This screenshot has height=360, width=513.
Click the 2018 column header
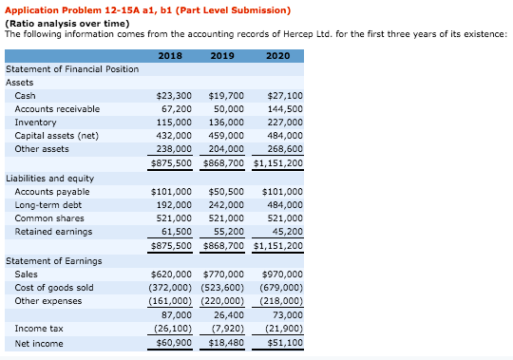169,56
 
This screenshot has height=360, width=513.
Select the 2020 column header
278,56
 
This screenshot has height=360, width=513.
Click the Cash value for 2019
225,96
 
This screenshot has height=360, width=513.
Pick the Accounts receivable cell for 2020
282,109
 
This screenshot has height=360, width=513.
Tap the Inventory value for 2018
173,123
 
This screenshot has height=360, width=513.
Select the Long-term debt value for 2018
173,205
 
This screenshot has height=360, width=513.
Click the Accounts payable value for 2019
225,192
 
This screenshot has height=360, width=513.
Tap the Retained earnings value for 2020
286,232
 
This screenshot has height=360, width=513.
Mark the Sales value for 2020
284,275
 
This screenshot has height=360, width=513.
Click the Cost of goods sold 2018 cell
170,288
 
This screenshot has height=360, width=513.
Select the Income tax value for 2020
282,329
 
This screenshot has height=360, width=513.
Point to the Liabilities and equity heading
49,179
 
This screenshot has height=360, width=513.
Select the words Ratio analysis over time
66,22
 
